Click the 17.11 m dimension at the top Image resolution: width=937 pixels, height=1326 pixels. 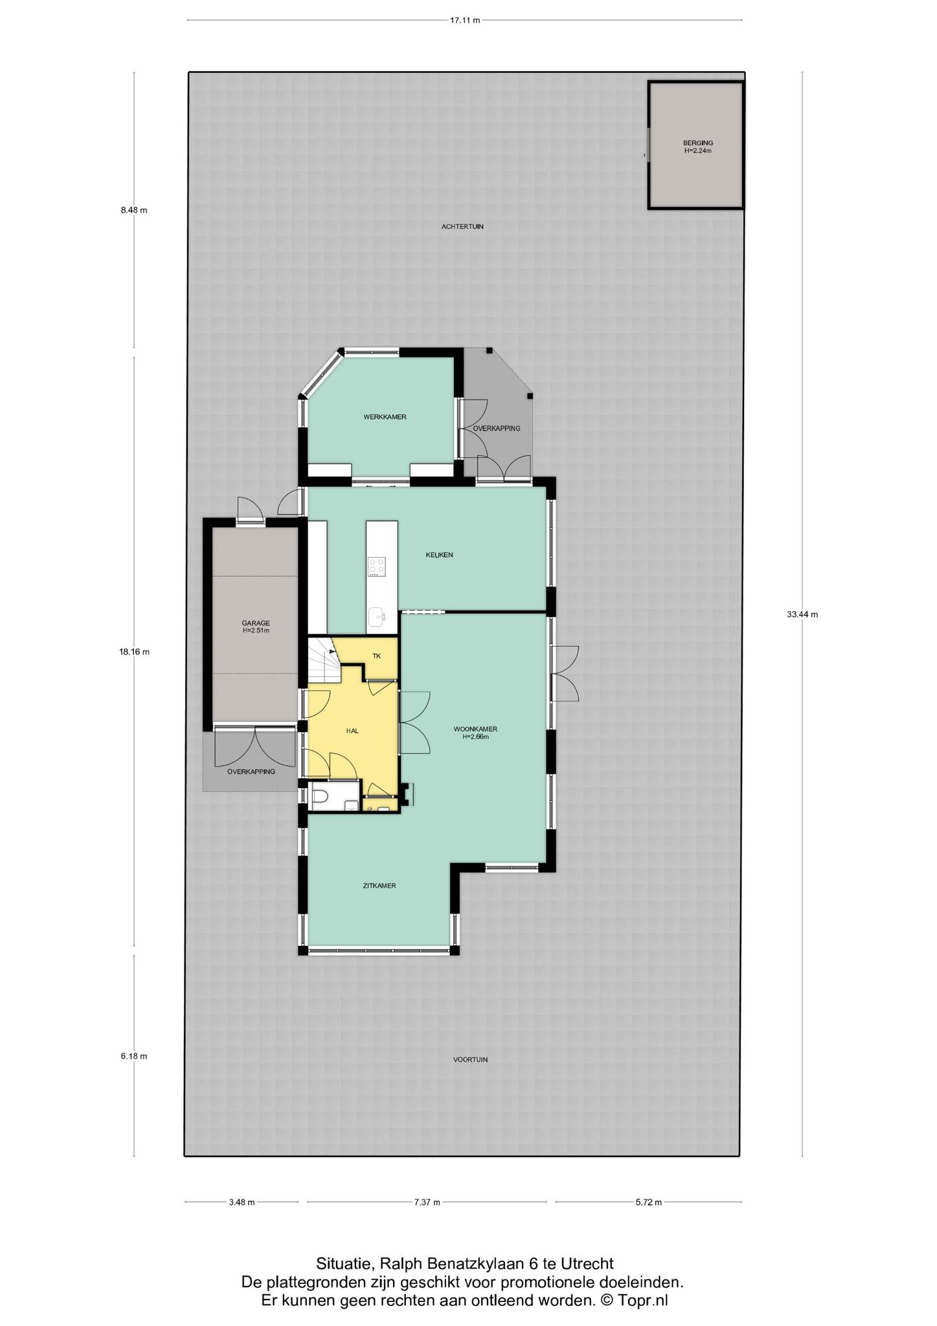click(465, 20)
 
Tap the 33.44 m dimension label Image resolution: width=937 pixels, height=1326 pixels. click(802, 614)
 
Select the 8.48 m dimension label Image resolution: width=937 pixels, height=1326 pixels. click(134, 210)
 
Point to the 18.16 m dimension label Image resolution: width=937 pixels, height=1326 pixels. click(134, 652)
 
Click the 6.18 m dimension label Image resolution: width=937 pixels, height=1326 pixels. click(134, 1056)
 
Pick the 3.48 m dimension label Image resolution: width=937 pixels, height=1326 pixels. click(242, 1202)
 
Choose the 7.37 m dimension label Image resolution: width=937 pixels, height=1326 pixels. click(427, 1202)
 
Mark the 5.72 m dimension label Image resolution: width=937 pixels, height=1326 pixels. click(649, 1202)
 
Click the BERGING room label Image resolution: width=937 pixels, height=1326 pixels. click(698, 143)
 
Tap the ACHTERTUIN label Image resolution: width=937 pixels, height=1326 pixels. click(462, 227)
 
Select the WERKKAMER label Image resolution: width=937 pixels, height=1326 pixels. click(385, 417)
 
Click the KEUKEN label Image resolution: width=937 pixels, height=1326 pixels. click(439, 555)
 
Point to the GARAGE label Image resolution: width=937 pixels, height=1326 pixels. click(256, 624)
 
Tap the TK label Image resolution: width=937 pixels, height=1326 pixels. click(377, 656)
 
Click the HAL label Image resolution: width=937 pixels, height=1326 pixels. click(352, 730)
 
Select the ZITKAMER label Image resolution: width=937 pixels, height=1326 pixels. click(379, 886)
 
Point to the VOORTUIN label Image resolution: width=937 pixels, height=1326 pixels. click(470, 1060)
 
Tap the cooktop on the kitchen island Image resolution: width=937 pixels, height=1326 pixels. click(377, 567)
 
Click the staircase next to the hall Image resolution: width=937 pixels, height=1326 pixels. click(324, 660)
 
